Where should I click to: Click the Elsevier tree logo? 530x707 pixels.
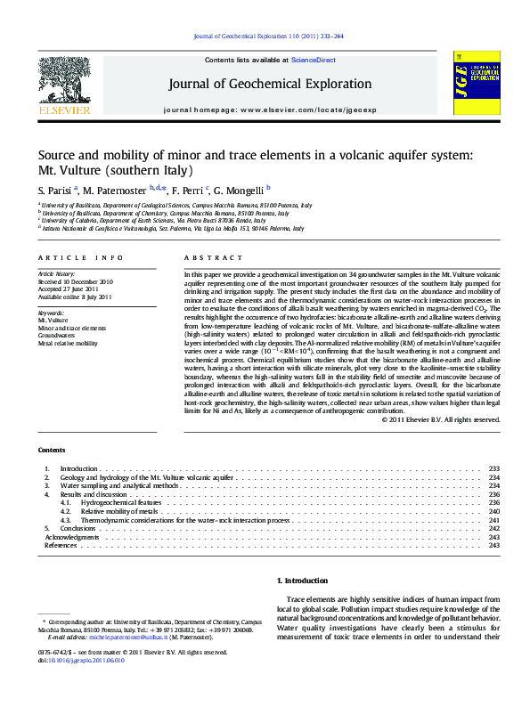tap(64, 82)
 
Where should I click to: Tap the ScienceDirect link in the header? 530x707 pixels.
tap(313, 60)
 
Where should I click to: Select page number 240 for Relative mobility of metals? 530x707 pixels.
tap(494, 512)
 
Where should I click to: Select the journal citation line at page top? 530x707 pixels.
tap(268, 37)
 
